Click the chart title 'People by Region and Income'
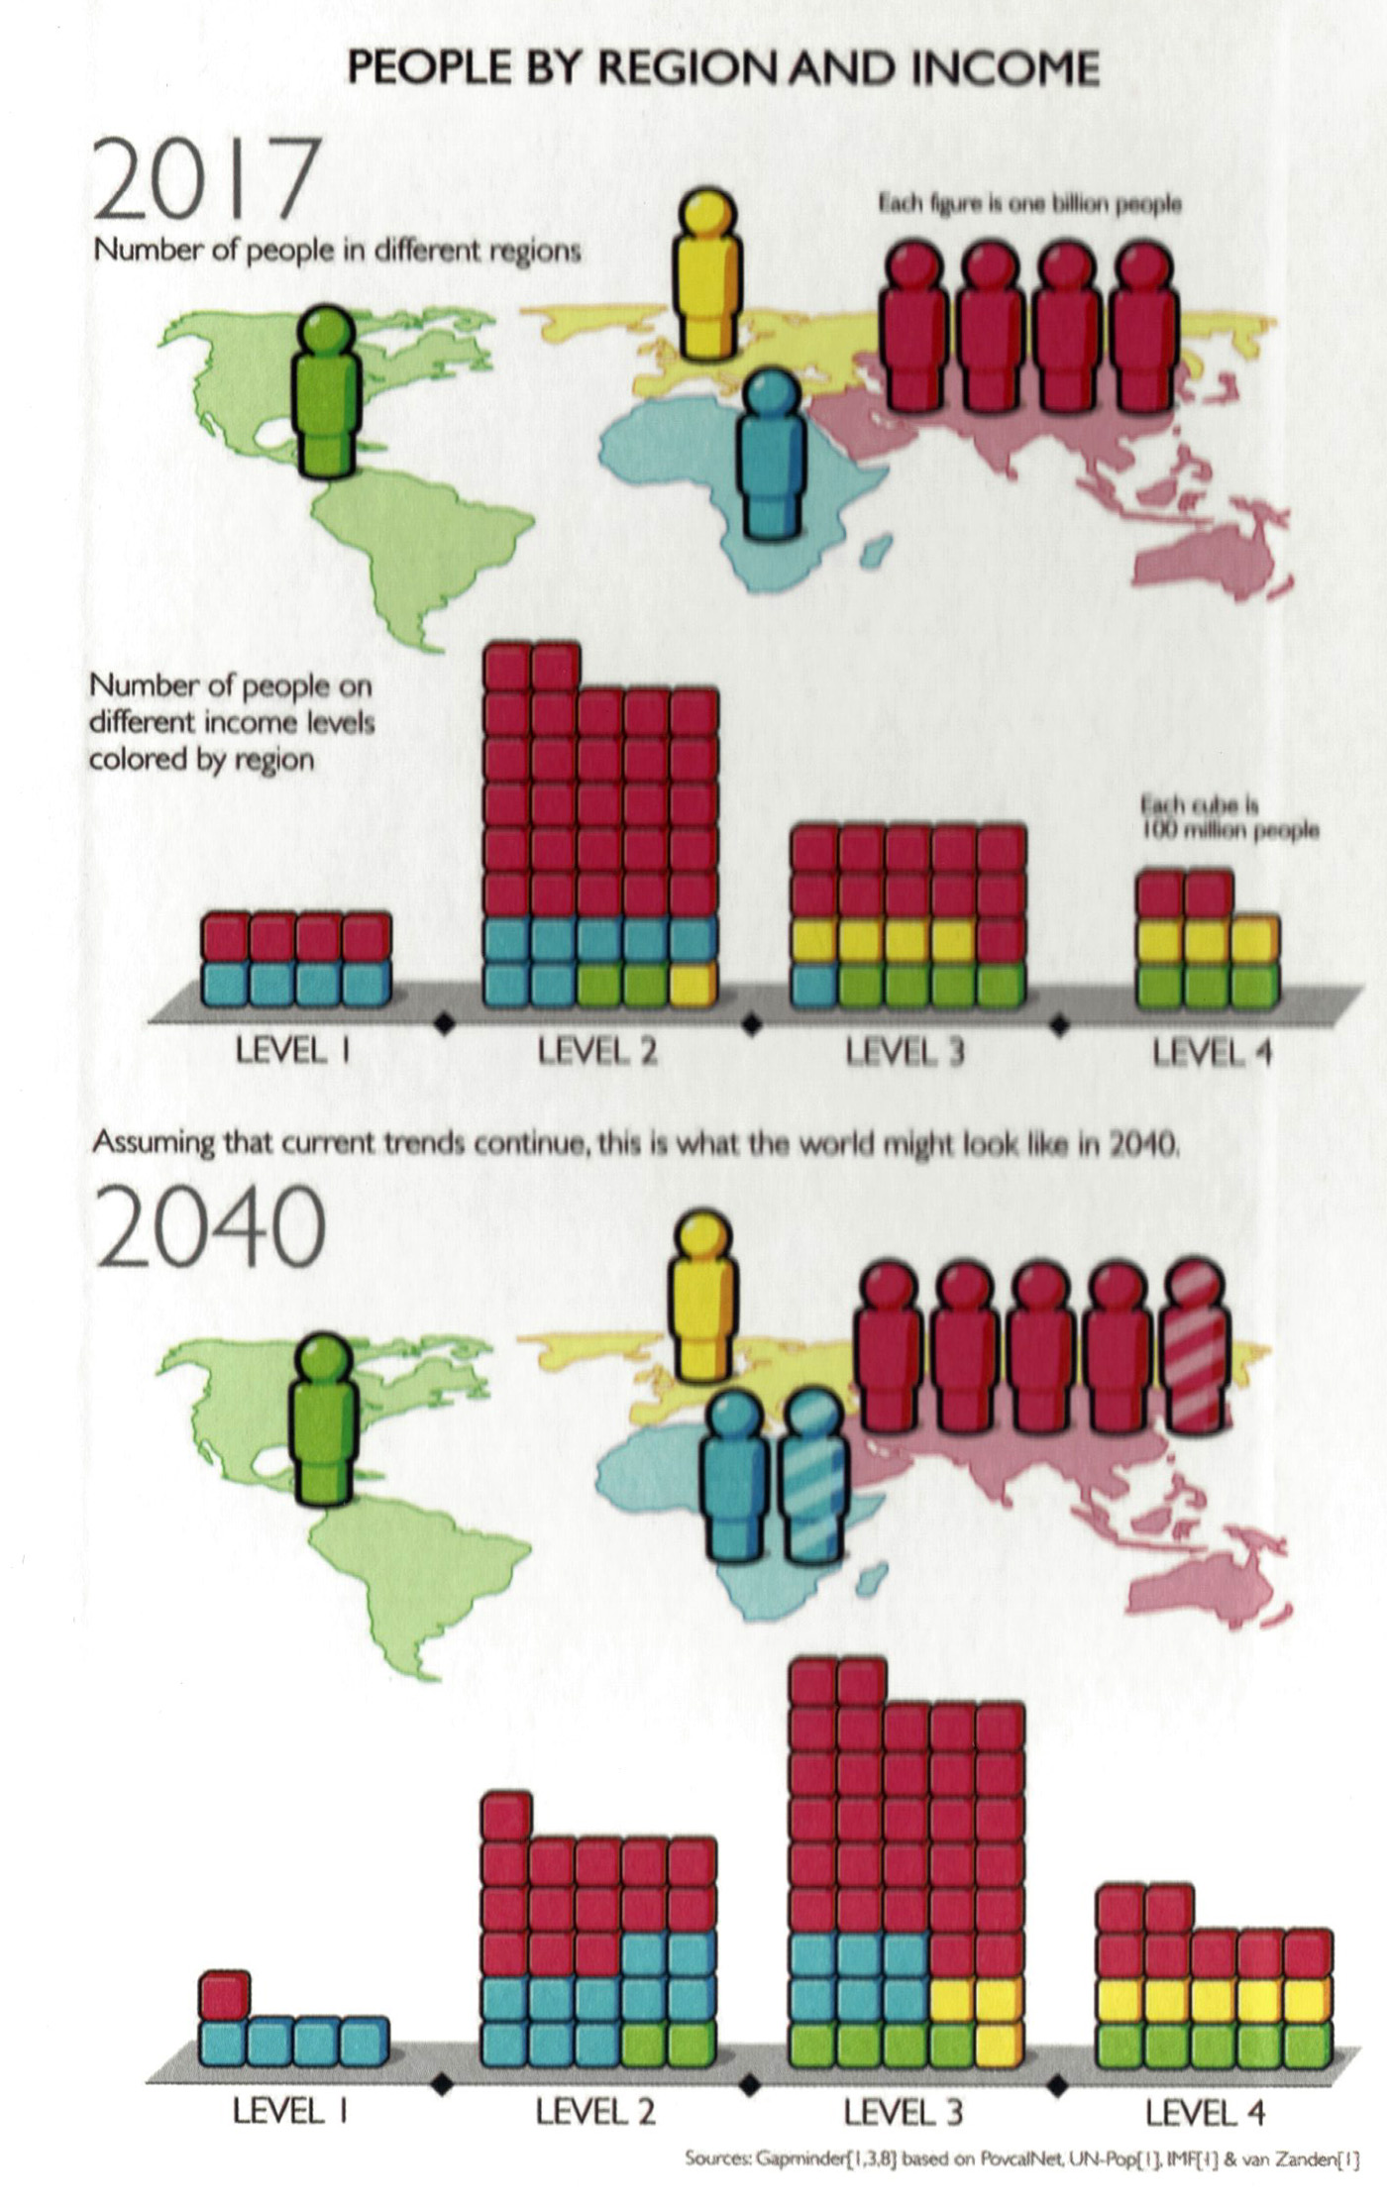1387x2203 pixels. tap(723, 68)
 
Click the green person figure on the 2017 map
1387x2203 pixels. tap(328, 391)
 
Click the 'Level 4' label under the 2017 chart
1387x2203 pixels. tap(1211, 1052)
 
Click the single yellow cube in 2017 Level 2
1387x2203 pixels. tap(693, 984)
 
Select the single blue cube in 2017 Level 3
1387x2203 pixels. tap(814, 984)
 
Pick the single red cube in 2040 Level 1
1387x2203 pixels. tap(225, 1993)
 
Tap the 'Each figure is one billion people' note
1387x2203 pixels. tap(1029, 204)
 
